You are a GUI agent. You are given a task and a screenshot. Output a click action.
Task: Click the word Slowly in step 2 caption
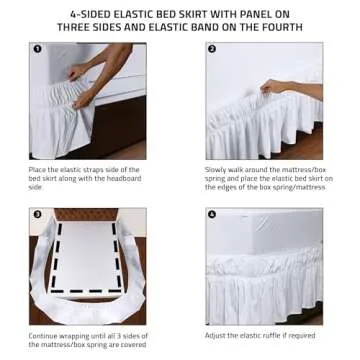(x=217, y=170)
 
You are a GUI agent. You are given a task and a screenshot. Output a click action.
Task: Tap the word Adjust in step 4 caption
(x=216, y=336)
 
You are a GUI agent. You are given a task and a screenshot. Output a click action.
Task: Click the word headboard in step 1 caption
(x=127, y=178)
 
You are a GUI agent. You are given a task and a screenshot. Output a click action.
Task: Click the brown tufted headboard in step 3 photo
(x=88, y=214)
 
